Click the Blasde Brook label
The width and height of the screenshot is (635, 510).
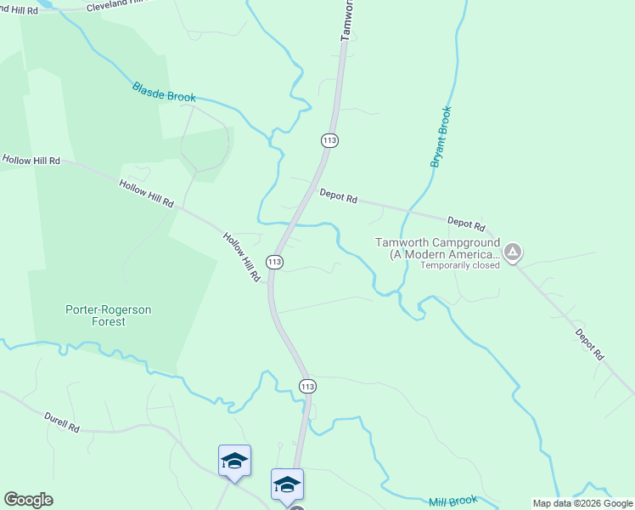(164, 92)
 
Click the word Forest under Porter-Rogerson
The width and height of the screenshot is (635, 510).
(109, 322)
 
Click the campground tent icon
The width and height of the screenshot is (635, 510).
(513, 252)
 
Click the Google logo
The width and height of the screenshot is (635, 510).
(28, 500)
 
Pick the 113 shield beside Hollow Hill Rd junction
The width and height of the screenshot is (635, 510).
(273, 263)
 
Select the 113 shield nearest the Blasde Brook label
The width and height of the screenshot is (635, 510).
(330, 139)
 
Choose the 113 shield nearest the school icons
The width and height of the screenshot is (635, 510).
(307, 386)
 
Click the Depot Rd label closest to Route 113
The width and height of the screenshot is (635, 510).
(338, 196)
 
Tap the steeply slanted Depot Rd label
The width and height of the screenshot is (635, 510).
(588, 343)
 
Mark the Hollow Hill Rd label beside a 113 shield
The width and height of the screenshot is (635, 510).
(242, 258)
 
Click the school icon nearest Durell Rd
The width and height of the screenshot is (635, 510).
(234, 461)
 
